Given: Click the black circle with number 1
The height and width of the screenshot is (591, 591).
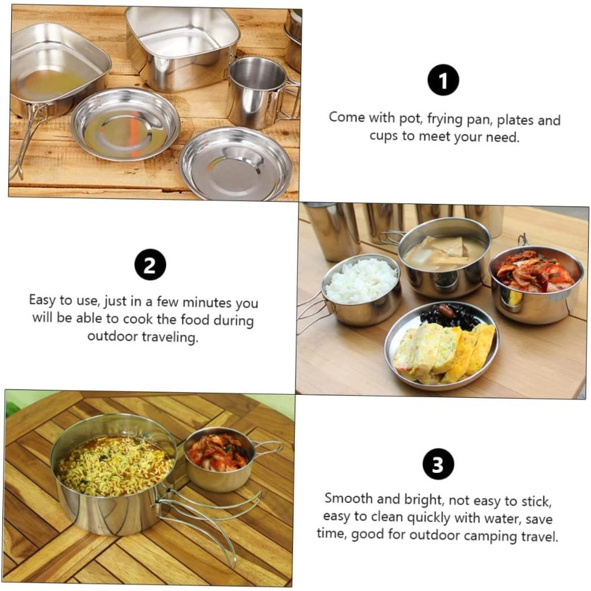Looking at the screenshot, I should click(x=443, y=80).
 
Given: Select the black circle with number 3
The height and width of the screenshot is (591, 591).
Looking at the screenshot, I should click(x=438, y=464).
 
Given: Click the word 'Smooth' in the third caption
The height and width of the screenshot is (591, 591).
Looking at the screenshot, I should click(x=349, y=499).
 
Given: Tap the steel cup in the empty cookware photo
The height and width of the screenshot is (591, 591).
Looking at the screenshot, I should click(x=256, y=92).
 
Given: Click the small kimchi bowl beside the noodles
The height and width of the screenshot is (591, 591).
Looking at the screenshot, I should click(x=219, y=459).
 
